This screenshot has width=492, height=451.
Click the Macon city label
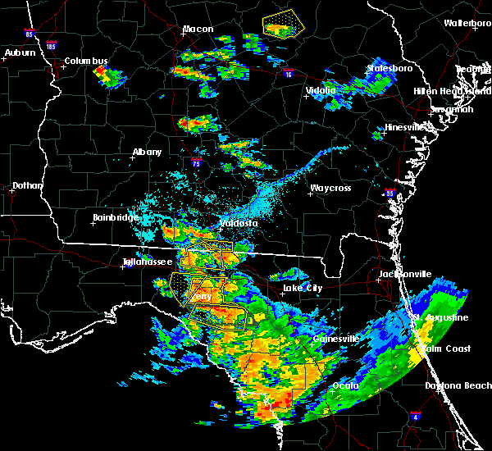(198, 30)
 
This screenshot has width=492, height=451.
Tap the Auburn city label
(20, 53)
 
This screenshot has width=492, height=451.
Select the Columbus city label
(86, 61)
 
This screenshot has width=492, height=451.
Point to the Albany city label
(148, 153)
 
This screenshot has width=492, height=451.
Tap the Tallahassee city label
(147, 262)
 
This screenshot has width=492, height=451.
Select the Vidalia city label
(321, 90)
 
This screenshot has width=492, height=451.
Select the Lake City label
(302, 289)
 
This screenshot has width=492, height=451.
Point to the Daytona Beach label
(456, 385)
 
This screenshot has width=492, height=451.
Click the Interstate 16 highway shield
(288, 74)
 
